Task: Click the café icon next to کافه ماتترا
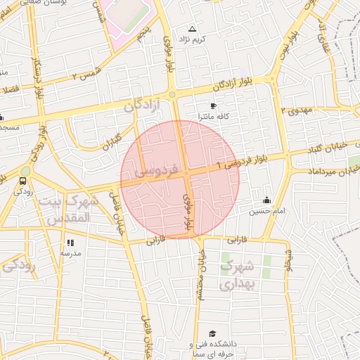(213, 105)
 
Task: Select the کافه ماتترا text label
(214, 115)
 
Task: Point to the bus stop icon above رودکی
(24, 181)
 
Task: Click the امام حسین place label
(265, 210)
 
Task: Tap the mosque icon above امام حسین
(266, 200)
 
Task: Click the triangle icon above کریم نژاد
(192, 30)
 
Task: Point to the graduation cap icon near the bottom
(212, 334)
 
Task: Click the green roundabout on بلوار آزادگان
(172, 94)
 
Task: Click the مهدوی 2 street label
(296, 110)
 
